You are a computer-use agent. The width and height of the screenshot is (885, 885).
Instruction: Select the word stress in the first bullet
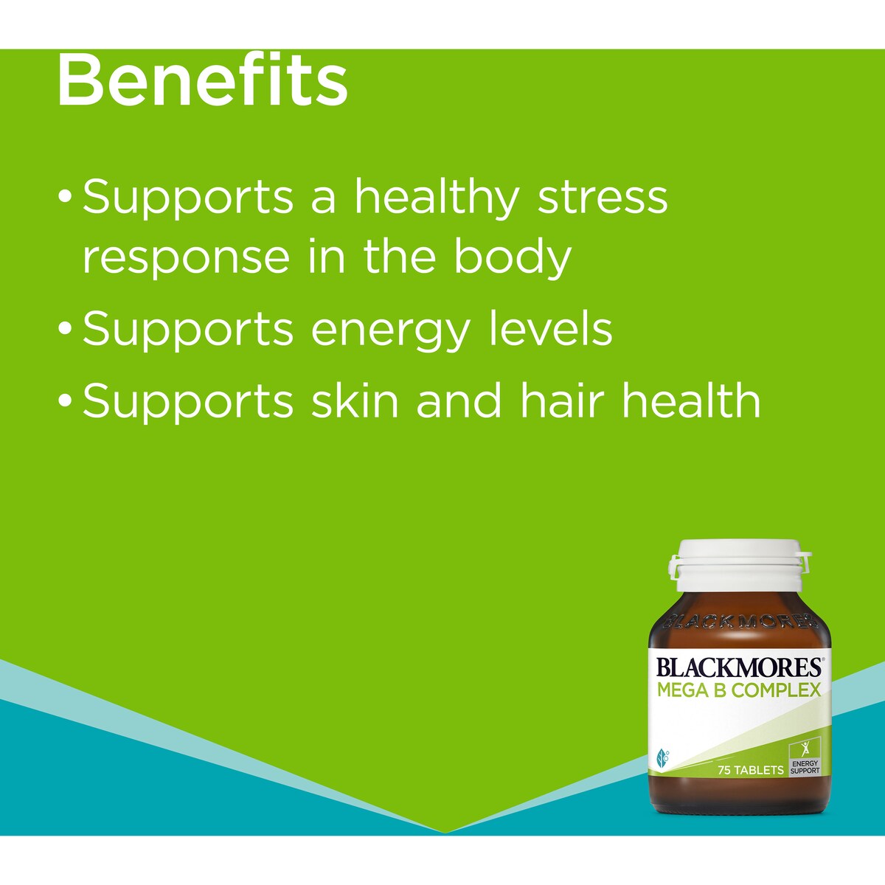pos(603,198)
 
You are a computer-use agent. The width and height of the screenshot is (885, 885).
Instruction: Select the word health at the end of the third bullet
pos(690,400)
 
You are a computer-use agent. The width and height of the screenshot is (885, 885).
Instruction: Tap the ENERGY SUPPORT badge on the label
pos(805,766)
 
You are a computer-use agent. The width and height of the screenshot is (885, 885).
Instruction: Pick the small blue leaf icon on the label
pos(662,757)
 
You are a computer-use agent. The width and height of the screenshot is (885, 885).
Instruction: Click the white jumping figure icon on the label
pos(805,748)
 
